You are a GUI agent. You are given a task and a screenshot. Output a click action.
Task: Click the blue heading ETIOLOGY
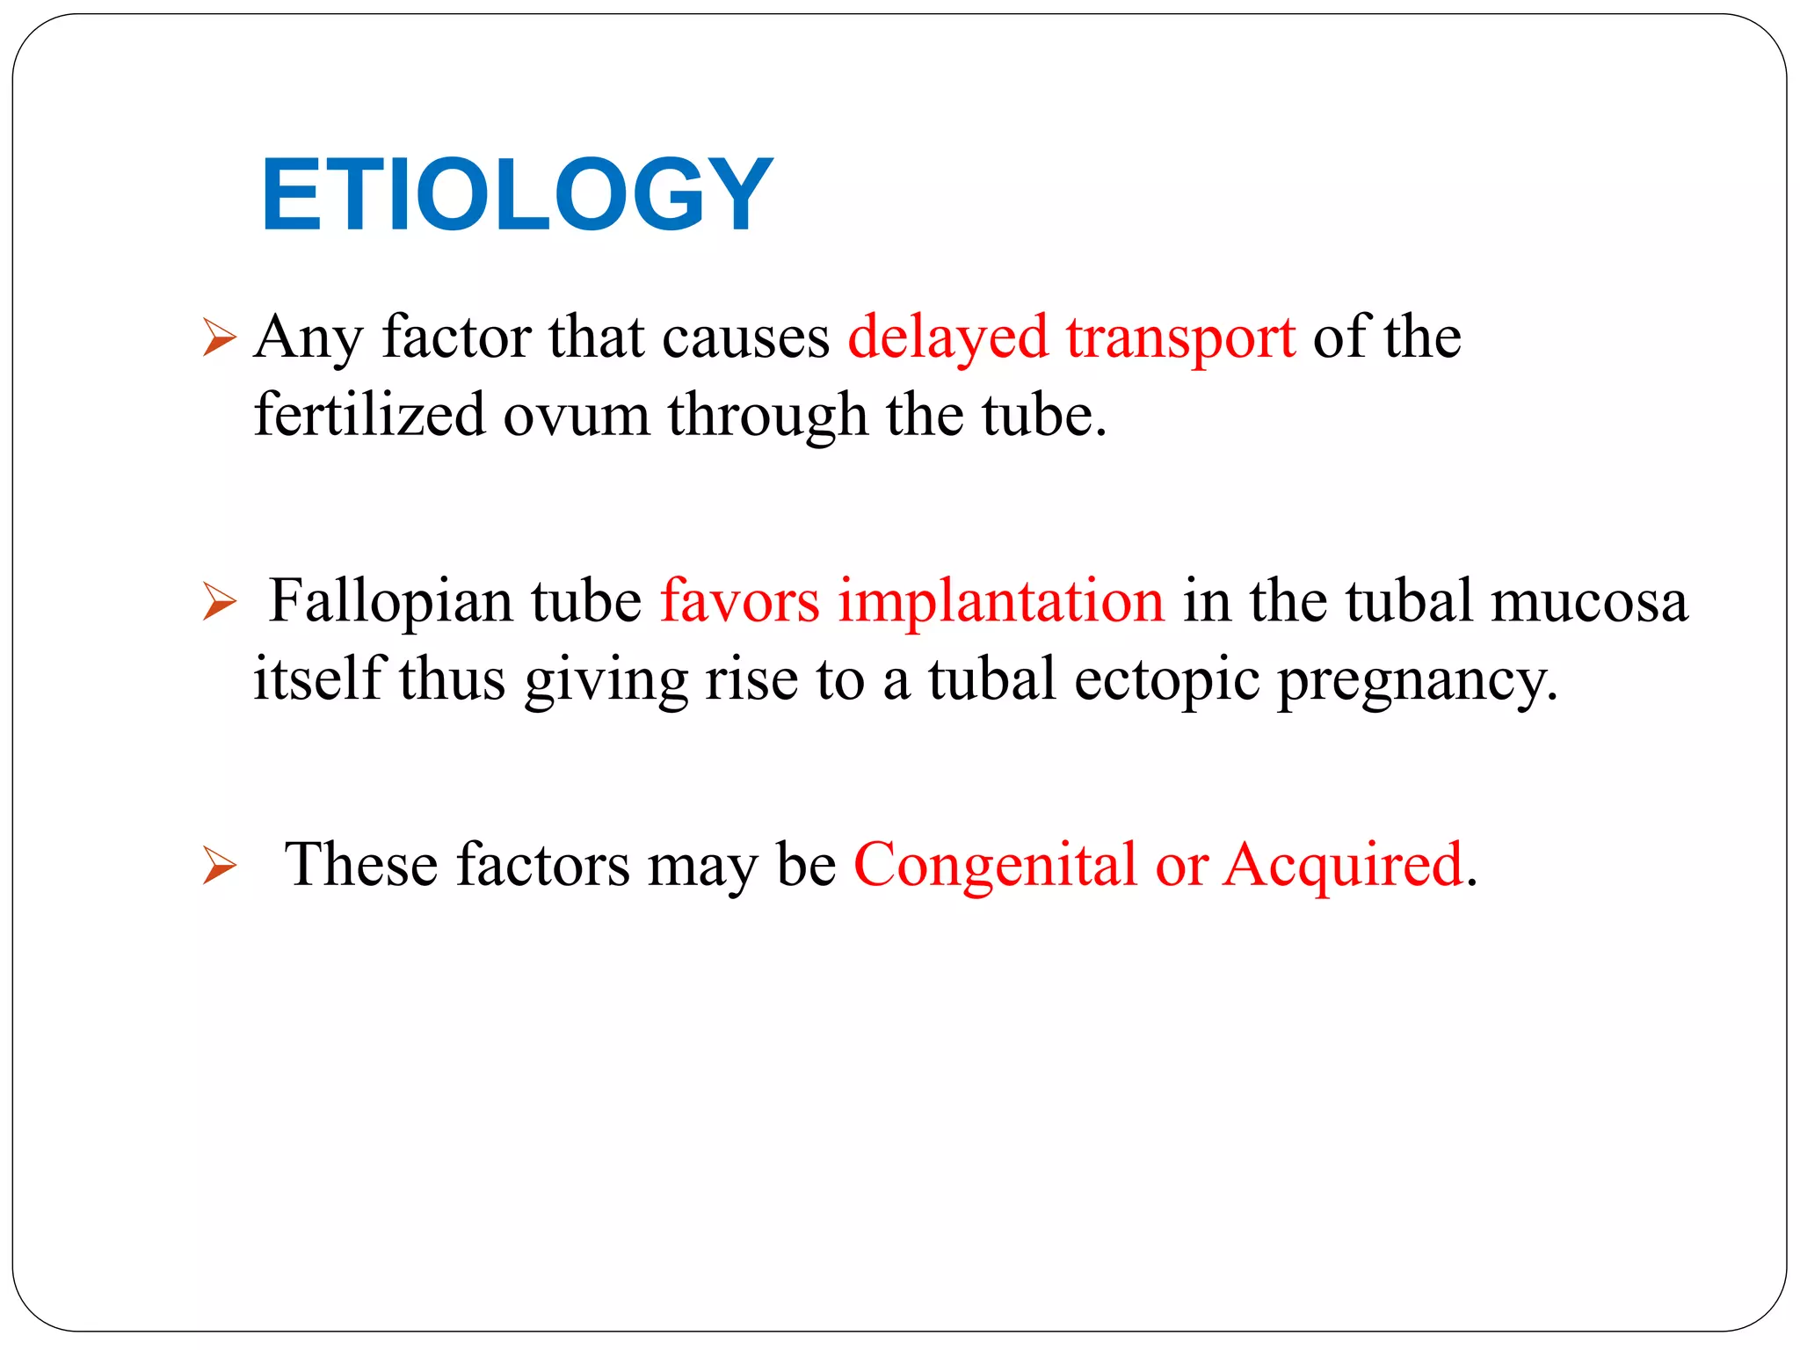(x=517, y=194)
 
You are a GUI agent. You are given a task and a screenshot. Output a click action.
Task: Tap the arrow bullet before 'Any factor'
(x=219, y=337)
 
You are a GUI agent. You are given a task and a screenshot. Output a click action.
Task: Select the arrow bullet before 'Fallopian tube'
(x=219, y=602)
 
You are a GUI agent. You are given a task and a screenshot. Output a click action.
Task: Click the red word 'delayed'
(x=947, y=337)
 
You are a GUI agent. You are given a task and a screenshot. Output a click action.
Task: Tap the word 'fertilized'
(x=369, y=414)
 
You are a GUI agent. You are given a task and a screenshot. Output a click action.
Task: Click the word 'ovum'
(x=576, y=416)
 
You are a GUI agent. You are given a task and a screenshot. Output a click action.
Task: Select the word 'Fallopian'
(x=390, y=602)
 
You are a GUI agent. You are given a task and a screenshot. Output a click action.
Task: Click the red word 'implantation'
(x=1000, y=602)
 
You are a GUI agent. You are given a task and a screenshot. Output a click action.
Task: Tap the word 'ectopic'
(x=1166, y=679)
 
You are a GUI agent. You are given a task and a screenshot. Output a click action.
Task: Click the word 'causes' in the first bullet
(x=745, y=337)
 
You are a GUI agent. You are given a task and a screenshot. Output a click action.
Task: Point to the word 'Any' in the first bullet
(x=308, y=337)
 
